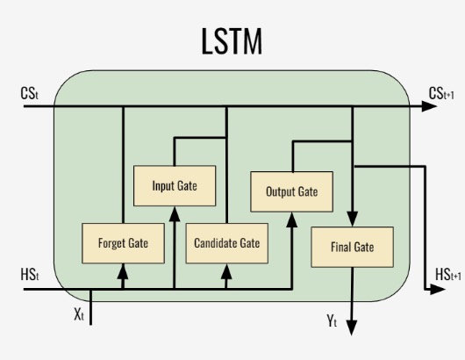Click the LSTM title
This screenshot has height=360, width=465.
[x=232, y=41]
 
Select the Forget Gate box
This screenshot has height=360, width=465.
[x=123, y=243]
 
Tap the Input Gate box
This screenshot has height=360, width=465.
[x=175, y=186]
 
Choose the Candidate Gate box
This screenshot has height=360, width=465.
[x=227, y=243]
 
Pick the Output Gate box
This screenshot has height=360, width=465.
[x=292, y=191]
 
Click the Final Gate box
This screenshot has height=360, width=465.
[x=353, y=247]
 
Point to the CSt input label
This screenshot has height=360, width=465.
[x=29, y=93]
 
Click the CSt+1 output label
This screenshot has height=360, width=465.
[x=441, y=93]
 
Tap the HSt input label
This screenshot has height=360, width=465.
[x=29, y=275]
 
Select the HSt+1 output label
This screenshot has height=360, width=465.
[x=448, y=275]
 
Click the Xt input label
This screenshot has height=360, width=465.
[x=79, y=314]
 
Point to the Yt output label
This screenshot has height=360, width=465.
[x=332, y=320]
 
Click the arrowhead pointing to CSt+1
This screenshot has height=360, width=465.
[x=429, y=106]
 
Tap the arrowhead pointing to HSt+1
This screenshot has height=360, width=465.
[x=438, y=290]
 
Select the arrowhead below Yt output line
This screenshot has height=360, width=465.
[x=352, y=328]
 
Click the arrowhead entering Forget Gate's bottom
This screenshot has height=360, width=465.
[x=123, y=271]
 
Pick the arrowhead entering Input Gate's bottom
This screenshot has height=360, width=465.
[x=175, y=214]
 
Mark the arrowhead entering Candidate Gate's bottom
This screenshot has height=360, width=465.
[x=226, y=271]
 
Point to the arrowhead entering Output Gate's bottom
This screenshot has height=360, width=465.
[x=292, y=220]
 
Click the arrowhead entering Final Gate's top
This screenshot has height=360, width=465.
[x=353, y=219]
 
